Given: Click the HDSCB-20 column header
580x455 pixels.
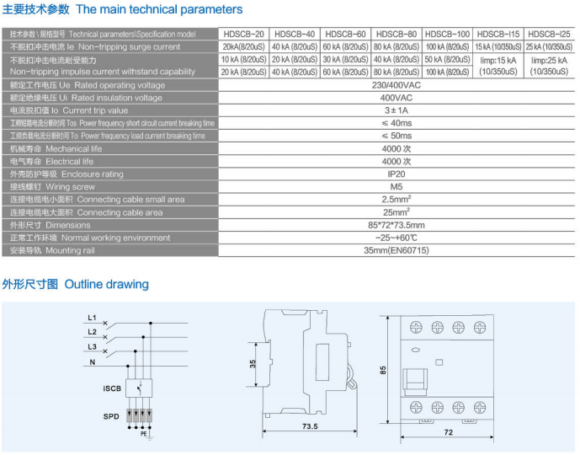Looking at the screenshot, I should [x=244, y=34].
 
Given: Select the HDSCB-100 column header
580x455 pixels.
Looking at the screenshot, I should [x=446, y=34].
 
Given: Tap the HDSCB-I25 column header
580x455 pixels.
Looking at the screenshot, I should [x=550, y=34].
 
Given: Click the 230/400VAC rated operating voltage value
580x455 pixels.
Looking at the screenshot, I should [x=396, y=85].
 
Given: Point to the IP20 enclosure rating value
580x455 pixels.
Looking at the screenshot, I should [x=396, y=174].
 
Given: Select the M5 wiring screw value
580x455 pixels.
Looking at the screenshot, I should [x=396, y=187].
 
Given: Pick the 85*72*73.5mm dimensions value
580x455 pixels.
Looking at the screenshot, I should [x=396, y=226].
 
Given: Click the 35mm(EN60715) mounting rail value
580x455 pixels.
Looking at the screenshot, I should [x=396, y=251].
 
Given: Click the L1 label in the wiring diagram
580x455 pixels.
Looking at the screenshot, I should [x=92, y=318].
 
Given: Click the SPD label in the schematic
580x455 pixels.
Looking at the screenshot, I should [x=111, y=416].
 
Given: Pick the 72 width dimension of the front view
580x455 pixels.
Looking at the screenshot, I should [x=448, y=432].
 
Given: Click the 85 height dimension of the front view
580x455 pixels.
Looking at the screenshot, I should [x=383, y=371].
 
